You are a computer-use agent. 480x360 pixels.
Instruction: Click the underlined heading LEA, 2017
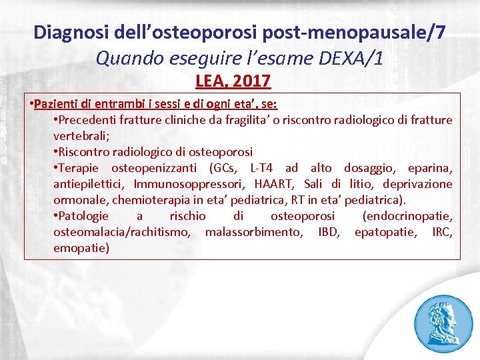(233, 81)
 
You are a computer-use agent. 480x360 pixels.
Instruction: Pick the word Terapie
(79, 167)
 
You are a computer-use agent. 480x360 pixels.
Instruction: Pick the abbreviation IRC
(441, 232)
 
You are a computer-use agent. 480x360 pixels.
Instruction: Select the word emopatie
(81, 248)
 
